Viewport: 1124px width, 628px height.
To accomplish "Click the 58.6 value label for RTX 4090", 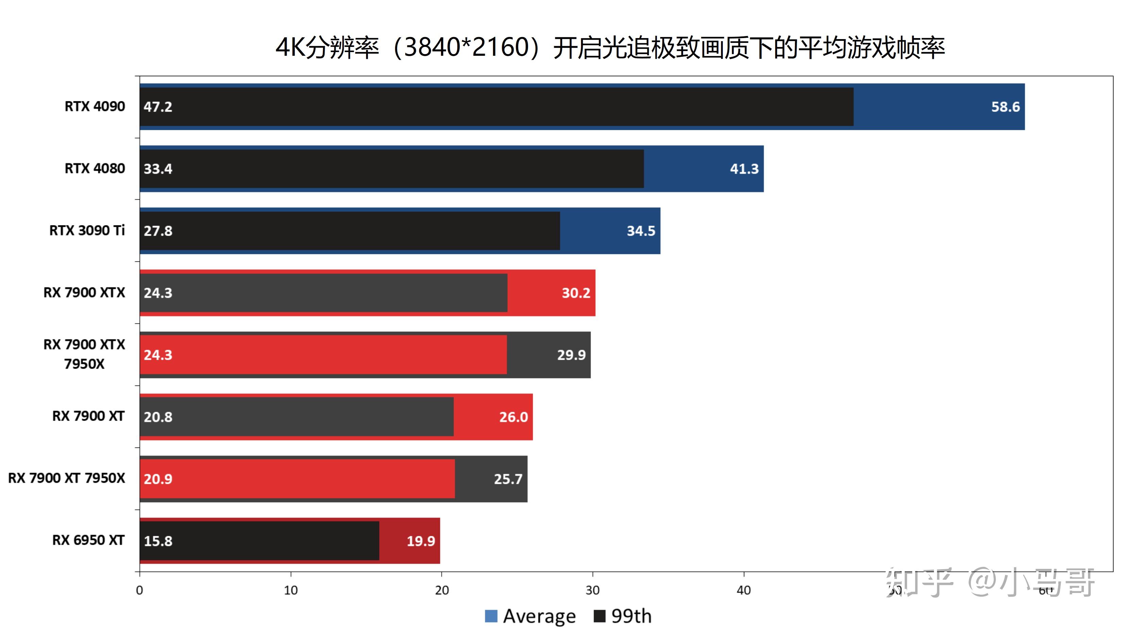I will [x=1005, y=107].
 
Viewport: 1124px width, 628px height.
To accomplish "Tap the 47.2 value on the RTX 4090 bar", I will [x=158, y=107].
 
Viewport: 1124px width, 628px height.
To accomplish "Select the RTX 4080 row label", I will [x=95, y=168].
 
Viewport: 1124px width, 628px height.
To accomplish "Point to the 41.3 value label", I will [x=744, y=169].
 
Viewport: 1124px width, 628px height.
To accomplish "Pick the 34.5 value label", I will [x=641, y=231].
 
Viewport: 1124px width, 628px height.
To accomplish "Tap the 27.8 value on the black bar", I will [x=158, y=231].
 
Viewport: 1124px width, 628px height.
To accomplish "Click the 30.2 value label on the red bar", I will [x=576, y=293].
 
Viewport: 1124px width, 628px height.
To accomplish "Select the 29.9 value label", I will [x=571, y=355].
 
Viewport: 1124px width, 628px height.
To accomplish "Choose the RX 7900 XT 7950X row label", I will [x=67, y=478].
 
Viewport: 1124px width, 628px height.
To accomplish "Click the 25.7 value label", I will [x=508, y=479].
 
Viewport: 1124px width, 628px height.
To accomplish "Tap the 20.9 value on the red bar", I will [x=158, y=479].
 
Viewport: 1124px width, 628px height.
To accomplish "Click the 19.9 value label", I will [x=421, y=541].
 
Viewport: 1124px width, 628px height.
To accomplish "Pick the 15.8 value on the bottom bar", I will [x=158, y=541].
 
